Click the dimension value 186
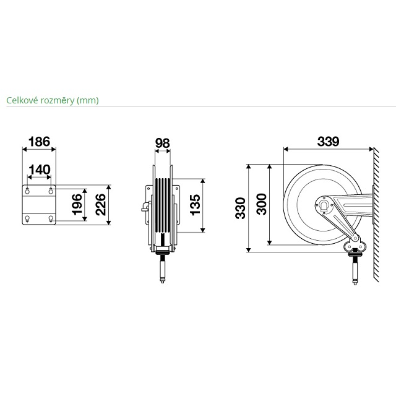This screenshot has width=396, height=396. point(39,142)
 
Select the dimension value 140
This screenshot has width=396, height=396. point(40,170)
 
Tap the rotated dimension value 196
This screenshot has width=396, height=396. point(77,204)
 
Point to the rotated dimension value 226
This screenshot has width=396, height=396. point(100,205)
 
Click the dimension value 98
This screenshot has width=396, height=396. point(162,143)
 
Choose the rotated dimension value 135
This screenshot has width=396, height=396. point(195,205)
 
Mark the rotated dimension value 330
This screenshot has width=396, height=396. point(240,208)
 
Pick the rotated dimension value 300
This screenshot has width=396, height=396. point(261,204)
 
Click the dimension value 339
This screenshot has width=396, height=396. point(328,142)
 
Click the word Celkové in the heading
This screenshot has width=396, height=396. point(22,100)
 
